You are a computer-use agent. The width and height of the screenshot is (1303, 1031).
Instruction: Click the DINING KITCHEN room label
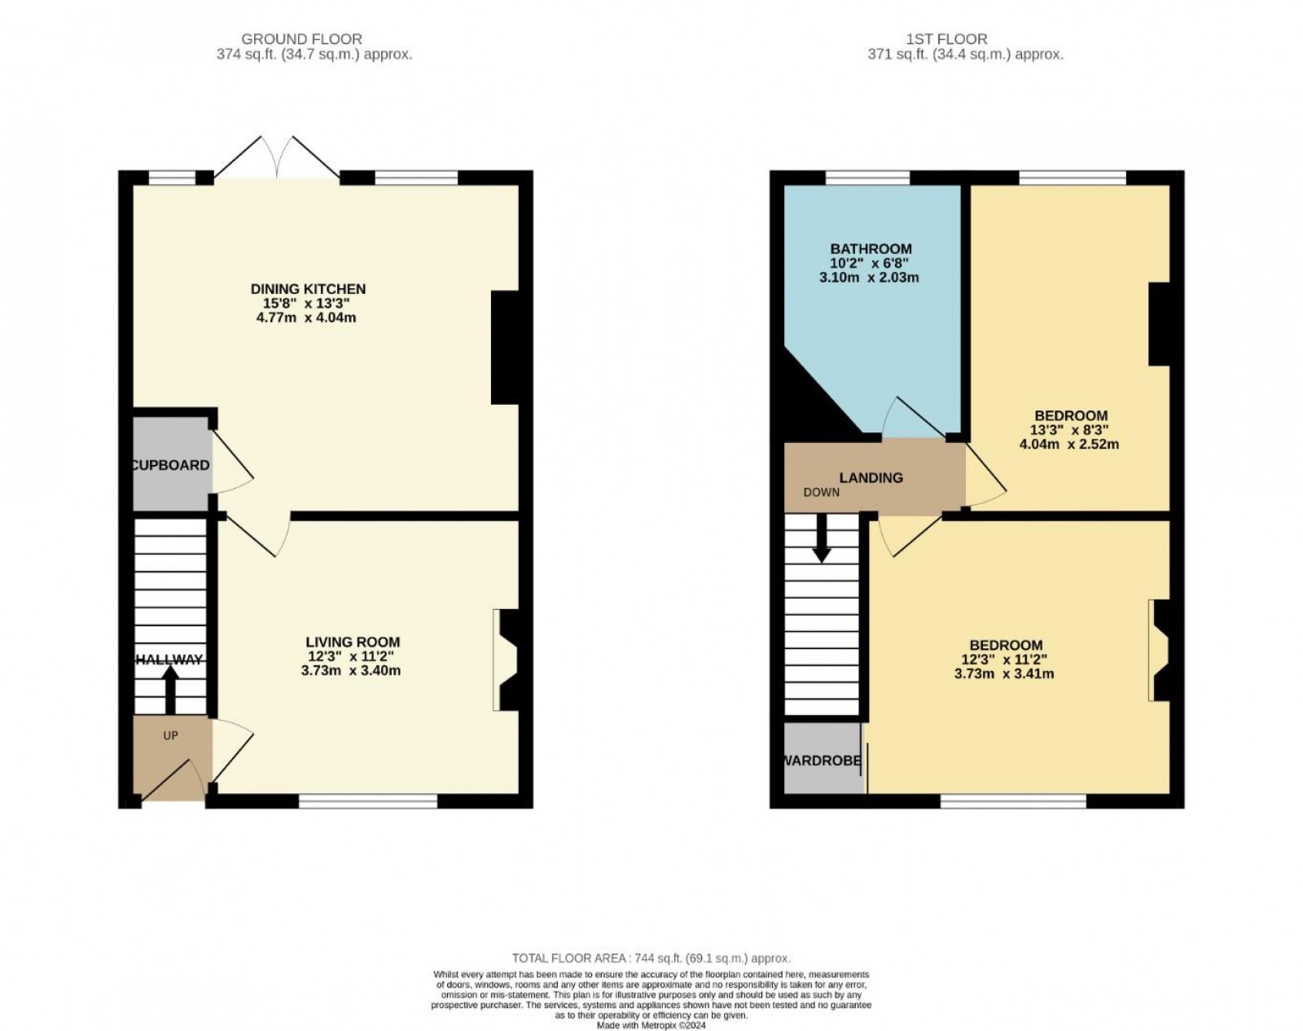[x=309, y=289]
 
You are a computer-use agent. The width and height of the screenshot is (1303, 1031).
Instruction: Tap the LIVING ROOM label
[x=353, y=642]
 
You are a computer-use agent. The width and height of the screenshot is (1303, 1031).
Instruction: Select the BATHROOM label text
[x=871, y=249]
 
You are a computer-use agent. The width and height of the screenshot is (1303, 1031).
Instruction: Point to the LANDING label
[x=871, y=478]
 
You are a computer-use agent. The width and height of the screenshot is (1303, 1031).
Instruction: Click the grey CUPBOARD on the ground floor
[x=173, y=463]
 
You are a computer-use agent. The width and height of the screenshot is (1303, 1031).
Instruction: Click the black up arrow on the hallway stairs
[x=170, y=689]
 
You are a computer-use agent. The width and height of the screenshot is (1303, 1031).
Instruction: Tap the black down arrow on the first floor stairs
[x=821, y=539]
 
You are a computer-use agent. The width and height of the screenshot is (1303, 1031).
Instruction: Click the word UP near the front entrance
[x=171, y=735]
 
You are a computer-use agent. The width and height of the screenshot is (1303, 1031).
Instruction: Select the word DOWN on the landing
[x=822, y=493]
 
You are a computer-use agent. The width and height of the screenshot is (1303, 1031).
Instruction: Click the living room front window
[x=368, y=801]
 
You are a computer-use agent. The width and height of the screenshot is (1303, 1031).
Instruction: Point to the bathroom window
[x=867, y=178]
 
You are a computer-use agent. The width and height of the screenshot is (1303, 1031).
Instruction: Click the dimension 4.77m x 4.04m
[x=306, y=318]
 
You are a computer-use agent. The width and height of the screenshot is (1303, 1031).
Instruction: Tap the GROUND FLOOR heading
[x=301, y=39]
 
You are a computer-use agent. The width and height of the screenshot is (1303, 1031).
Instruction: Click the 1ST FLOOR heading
[x=946, y=39]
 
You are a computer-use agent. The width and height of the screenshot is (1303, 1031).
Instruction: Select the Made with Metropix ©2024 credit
[x=651, y=1025]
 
